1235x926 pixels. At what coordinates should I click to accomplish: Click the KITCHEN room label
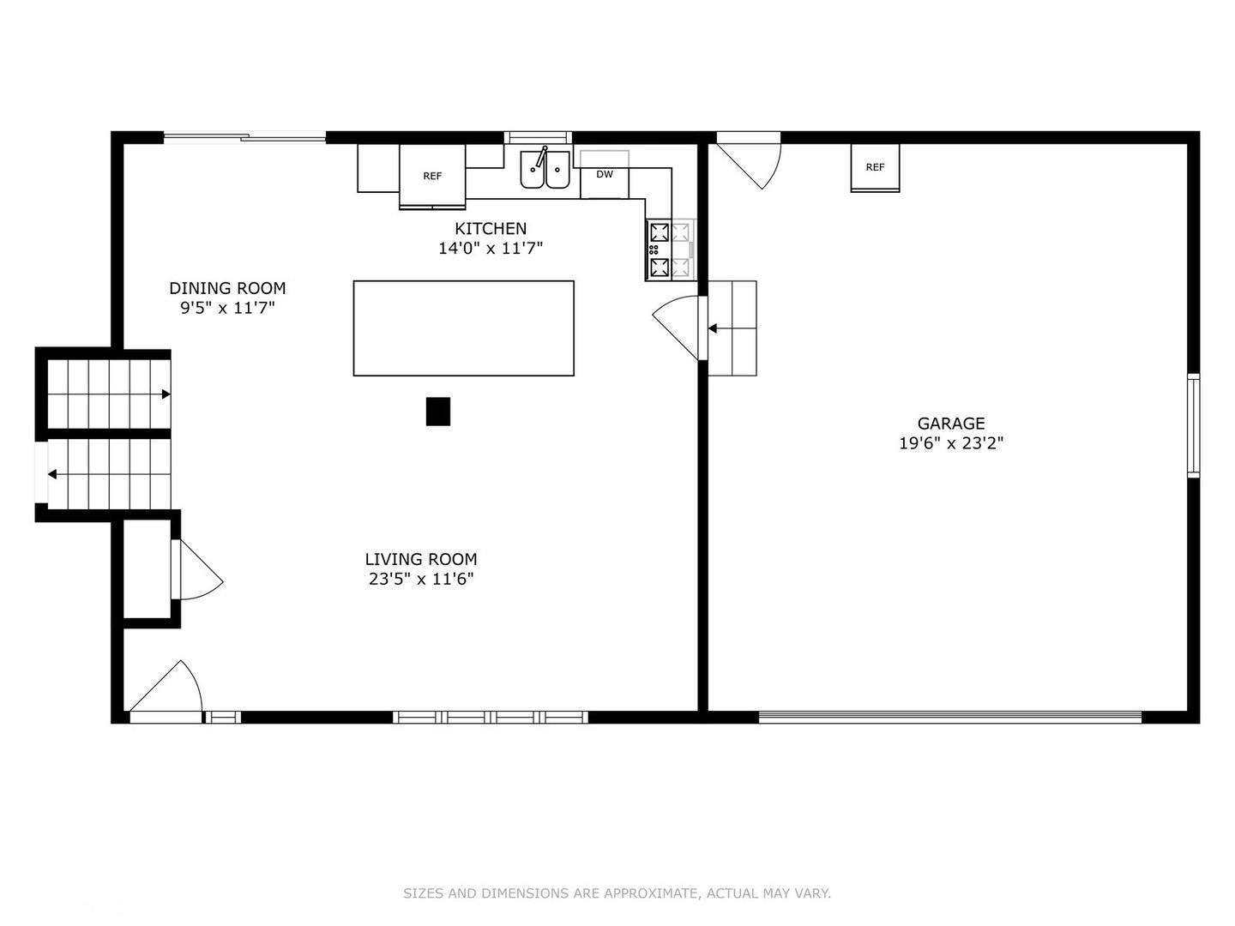point(490,228)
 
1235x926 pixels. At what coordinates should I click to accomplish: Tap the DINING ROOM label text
point(227,288)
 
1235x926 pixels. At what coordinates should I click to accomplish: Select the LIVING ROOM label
point(421,559)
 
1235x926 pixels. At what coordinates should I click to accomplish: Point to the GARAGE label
point(951,423)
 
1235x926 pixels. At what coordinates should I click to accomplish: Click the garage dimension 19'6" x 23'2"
point(951,443)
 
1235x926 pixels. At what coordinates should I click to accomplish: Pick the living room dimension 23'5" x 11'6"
point(421,579)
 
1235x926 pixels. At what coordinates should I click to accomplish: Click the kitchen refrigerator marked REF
point(432,176)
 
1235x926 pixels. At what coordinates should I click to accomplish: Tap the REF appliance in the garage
point(875,167)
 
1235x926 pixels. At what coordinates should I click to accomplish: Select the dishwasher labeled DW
point(605,174)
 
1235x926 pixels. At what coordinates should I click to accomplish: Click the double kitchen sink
point(545,168)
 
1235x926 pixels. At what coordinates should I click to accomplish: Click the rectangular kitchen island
point(464,328)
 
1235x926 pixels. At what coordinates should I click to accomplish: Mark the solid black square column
point(437,411)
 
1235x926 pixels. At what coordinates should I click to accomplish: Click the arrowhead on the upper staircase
point(166,394)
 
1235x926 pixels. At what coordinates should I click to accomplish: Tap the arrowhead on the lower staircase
point(52,474)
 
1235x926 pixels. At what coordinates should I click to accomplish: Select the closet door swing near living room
point(198,569)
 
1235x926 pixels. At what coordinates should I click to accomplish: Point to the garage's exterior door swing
point(750,162)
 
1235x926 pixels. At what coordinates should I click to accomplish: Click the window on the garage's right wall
point(1193,425)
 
